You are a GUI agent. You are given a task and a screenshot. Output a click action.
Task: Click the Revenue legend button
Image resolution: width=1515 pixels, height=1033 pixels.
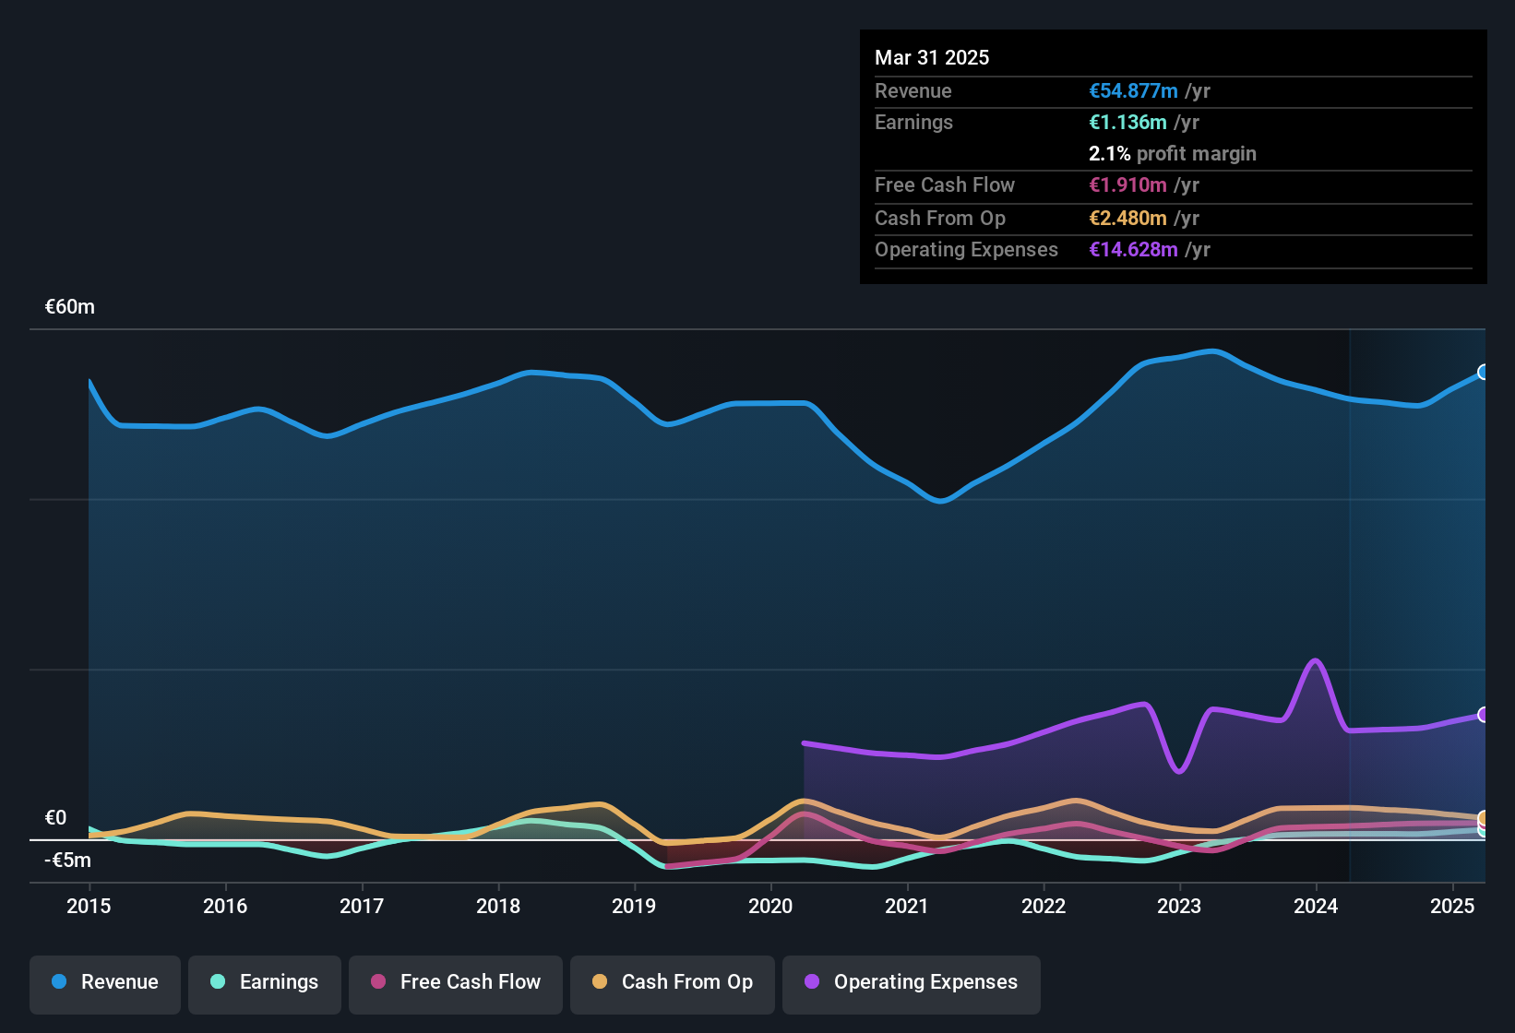[105, 982]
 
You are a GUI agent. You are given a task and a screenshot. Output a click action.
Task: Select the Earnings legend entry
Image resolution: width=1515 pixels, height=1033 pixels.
[265, 982]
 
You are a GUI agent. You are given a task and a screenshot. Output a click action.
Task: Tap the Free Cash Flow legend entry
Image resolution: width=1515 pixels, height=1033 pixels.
[456, 982]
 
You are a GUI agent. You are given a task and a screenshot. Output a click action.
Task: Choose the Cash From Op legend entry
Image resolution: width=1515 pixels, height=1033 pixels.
[673, 982]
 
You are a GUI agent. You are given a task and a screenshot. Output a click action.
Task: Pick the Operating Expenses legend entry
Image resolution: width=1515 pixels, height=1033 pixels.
[912, 982]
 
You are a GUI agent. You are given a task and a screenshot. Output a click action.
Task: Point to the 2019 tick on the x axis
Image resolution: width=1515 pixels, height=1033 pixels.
[634, 906]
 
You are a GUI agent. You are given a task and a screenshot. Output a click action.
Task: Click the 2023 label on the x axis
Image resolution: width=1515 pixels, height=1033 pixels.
[1179, 906]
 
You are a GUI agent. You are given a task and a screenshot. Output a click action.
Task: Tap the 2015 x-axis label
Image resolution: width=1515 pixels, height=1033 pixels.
[89, 906]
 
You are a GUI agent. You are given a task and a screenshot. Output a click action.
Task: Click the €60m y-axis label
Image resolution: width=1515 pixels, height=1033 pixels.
[70, 307]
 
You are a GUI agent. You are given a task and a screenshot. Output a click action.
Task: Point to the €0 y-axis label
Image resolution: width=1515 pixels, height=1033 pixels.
[55, 818]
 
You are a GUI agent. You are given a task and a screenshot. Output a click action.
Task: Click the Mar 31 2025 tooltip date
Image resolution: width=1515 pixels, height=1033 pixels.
[932, 57]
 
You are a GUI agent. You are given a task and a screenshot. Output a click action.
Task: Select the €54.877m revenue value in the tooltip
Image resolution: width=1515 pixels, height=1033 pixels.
[1133, 90]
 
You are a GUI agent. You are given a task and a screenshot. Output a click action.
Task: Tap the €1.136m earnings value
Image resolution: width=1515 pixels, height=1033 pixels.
[1127, 122]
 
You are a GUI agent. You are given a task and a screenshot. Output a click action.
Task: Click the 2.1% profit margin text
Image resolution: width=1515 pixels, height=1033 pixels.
[1172, 153]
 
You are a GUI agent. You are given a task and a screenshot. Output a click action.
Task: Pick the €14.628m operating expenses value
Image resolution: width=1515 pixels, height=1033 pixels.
[1133, 249]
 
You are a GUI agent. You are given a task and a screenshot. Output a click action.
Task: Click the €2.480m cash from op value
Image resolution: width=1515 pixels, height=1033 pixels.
[1127, 218]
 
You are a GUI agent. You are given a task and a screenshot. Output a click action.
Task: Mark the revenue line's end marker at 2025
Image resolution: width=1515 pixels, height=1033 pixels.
[1484, 372]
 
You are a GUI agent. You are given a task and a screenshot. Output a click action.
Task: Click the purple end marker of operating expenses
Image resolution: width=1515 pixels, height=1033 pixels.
[1484, 715]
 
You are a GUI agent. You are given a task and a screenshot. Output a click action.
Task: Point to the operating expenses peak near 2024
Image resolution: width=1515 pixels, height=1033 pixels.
[1315, 660]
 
